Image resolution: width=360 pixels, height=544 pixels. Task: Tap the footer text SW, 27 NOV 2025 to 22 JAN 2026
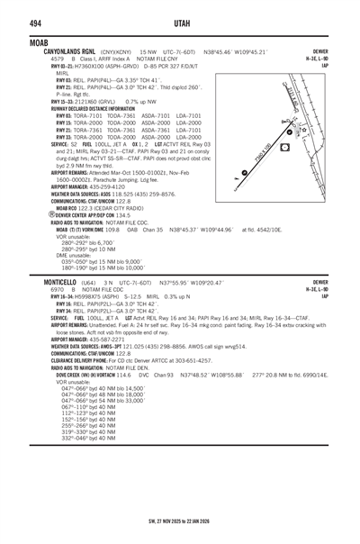click(x=179, y=522)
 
